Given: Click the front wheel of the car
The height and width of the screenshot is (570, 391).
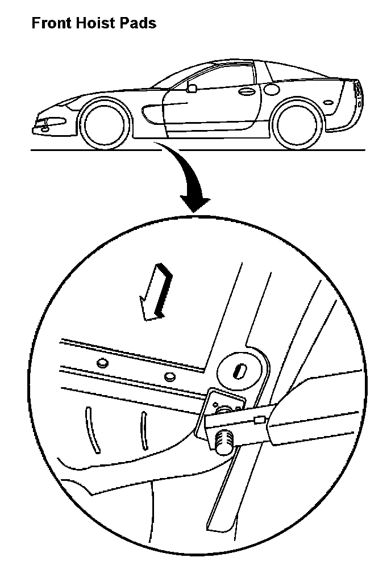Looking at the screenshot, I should click(102, 124).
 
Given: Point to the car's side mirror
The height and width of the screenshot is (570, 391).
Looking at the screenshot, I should click(192, 88).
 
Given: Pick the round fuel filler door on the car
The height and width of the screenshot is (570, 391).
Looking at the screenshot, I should click(272, 89).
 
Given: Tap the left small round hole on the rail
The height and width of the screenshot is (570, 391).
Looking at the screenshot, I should click(102, 363).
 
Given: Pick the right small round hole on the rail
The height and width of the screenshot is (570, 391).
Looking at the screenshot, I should click(169, 377).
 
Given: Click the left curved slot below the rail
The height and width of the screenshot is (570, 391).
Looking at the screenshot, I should click(91, 429).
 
